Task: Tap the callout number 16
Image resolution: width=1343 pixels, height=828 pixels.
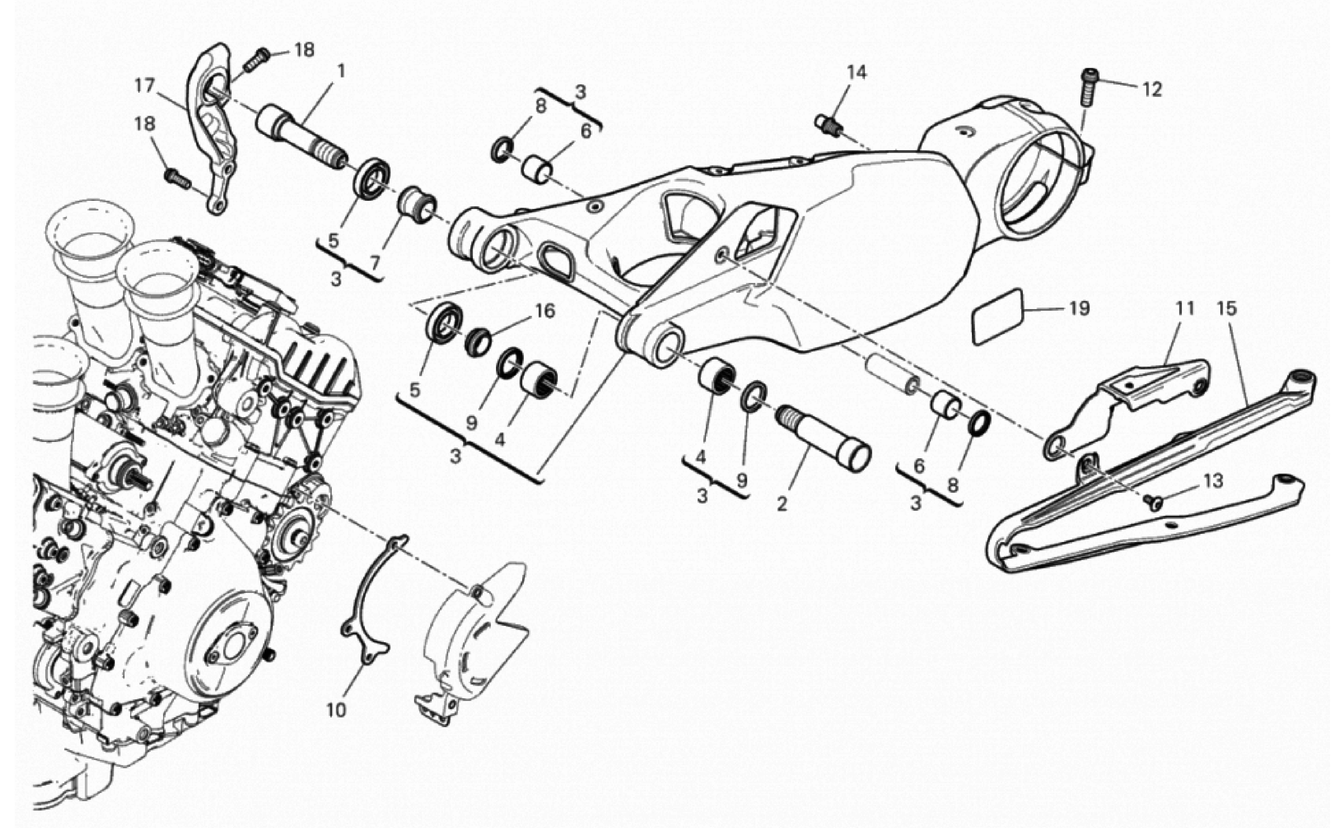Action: [545, 311]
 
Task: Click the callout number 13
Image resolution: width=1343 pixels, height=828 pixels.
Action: [1213, 481]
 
